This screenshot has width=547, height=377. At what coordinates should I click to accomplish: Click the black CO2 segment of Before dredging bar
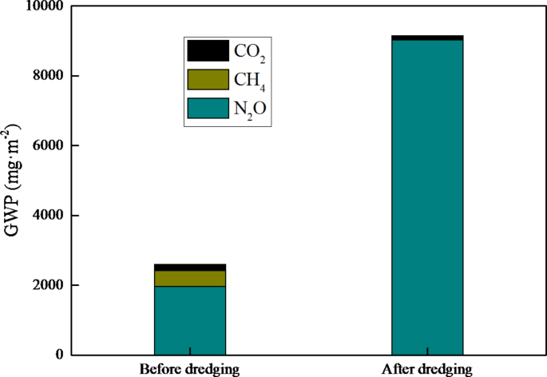click(x=189, y=267)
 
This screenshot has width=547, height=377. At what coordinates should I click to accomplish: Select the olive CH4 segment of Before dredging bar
click(x=189, y=278)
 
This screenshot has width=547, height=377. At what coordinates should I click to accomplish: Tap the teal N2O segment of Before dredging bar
click(x=189, y=320)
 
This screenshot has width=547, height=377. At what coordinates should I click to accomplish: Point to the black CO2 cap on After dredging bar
click(x=427, y=38)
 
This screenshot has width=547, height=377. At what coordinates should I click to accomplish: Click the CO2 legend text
click(x=249, y=53)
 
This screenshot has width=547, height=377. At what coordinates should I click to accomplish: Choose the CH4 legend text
click(x=249, y=81)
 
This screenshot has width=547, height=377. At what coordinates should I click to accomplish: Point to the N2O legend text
click(x=249, y=111)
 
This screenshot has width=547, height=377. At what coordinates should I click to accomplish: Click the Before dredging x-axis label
click(x=189, y=369)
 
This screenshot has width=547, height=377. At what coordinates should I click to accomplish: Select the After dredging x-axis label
click(x=427, y=369)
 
